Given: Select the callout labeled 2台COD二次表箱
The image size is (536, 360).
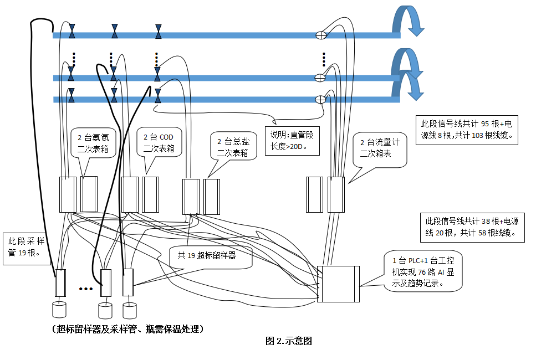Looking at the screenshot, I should pos(159,142).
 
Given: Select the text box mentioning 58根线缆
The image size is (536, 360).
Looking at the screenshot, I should pos(471,227).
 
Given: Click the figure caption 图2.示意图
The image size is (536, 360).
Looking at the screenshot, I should pos(289,341).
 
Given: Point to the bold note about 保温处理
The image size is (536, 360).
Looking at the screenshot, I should pos(129,329).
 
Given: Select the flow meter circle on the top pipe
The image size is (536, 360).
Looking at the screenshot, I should pos(320,35).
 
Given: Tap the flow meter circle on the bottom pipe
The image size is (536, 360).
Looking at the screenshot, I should pos(320,100).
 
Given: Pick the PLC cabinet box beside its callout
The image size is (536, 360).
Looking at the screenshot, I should pos(338,284).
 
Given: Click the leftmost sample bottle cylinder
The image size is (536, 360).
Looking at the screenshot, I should pos(59,307).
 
